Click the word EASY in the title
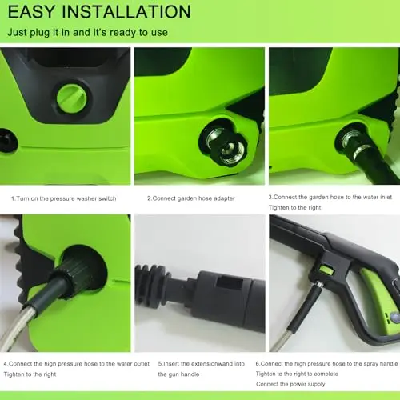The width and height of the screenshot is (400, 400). pyautogui.click(x=38, y=12)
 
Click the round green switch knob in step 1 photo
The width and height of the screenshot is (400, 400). pyautogui.click(x=71, y=97)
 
